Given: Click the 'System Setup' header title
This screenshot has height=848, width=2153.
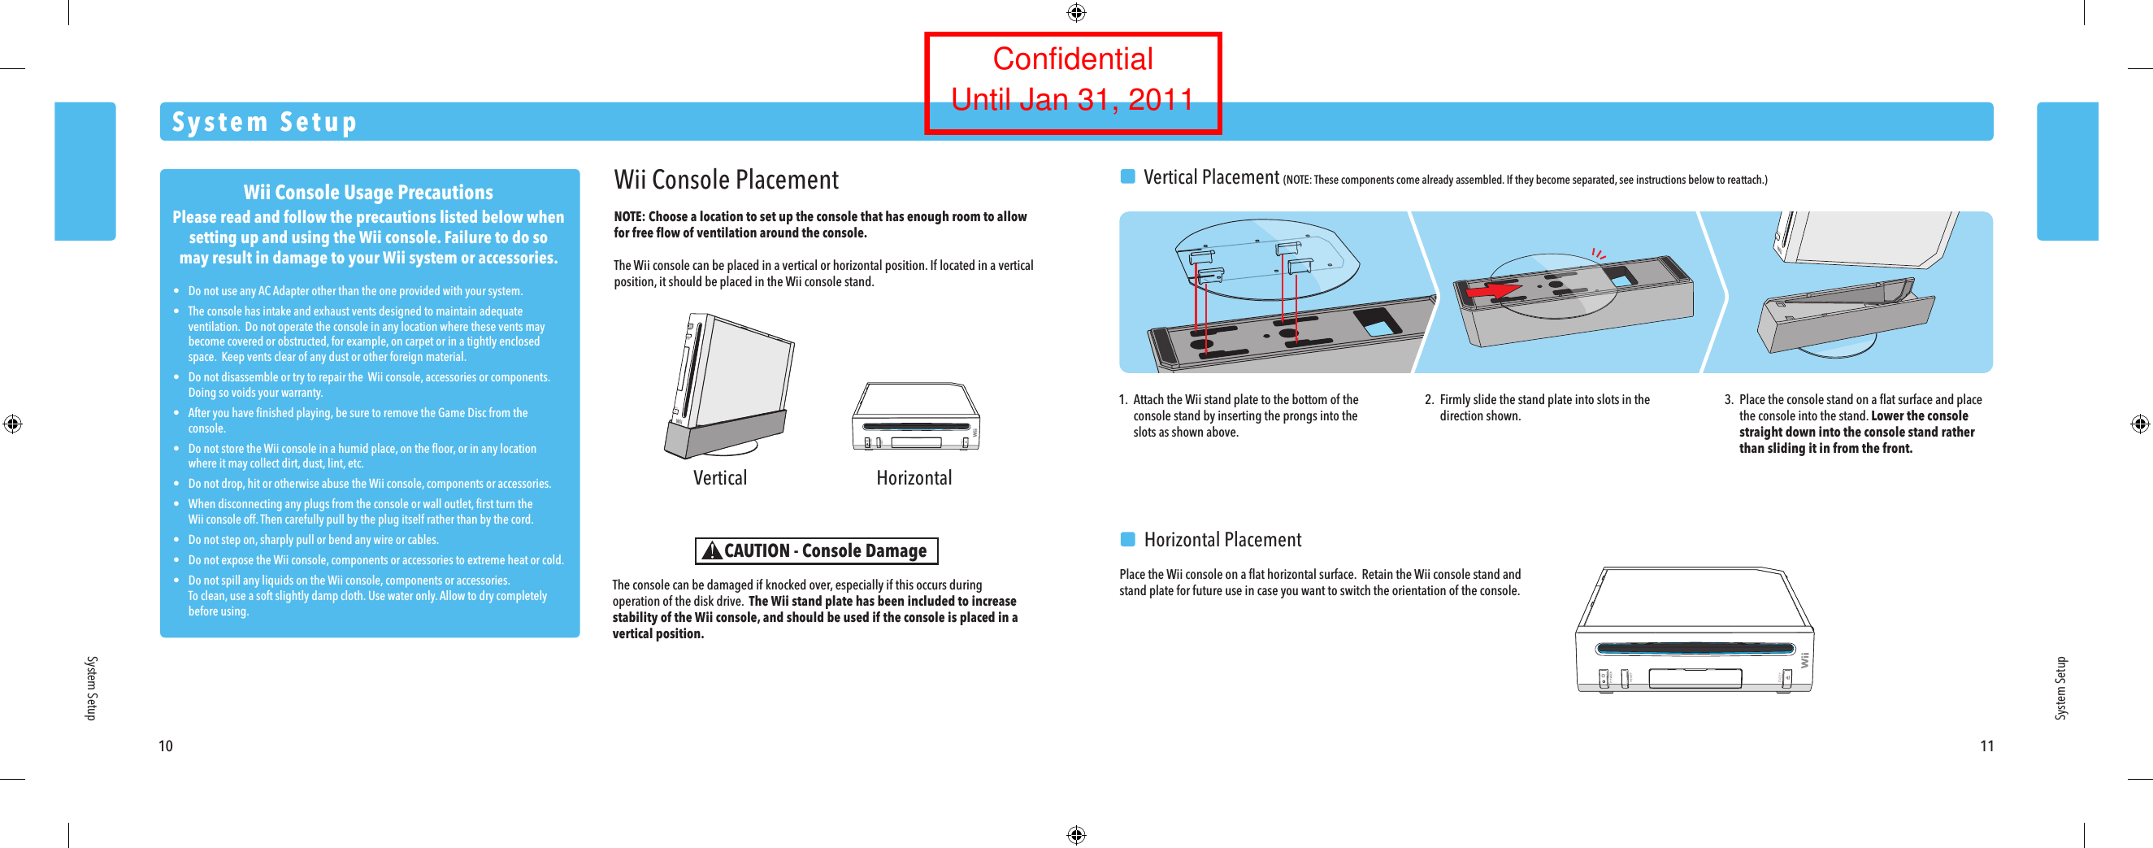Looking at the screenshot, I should point(264,122).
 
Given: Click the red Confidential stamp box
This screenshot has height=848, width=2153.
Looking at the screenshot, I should point(1072,82).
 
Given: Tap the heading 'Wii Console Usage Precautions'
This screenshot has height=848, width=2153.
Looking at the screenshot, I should point(367,193).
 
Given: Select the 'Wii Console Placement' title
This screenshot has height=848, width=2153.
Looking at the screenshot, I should point(726,180).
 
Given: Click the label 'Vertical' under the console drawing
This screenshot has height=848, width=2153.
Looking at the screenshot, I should point(719,477).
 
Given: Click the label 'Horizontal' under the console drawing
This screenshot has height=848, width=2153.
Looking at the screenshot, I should point(914,477).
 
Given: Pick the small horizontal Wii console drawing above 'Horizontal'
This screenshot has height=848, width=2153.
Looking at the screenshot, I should point(915,417).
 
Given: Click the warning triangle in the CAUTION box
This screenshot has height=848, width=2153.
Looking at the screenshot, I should point(711,550).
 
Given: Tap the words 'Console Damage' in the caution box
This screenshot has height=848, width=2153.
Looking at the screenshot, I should point(863,550).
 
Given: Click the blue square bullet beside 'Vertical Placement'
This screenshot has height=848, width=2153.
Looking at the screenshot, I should point(1127,176).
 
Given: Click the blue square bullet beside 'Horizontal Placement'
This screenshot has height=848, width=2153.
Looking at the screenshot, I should point(1127,538).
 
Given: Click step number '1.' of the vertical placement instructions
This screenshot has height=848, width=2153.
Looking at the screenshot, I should point(1123,400).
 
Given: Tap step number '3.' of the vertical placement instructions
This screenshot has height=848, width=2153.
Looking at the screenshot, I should point(1729,400).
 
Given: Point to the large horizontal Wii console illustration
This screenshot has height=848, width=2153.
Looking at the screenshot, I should point(1694,632).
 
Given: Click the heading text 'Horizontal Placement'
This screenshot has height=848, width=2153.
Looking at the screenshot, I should point(1222,539).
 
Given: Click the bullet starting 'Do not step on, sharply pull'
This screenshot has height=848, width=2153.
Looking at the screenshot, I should point(313,539).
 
